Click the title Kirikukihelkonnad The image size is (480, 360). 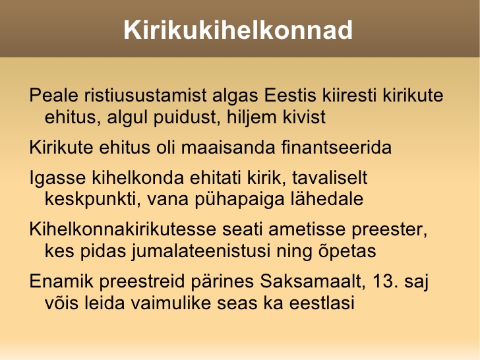pyautogui.click(x=238, y=30)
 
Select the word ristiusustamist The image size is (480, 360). pyautogui.click(x=145, y=95)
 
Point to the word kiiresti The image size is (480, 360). pyautogui.click(x=349, y=95)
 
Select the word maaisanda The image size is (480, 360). pyautogui.click(x=228, y=147)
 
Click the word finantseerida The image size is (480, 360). pyautogui.click(x=336, y=147)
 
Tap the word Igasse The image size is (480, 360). pyautogui.click(x=57, y=178)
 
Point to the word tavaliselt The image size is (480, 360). pyautogui.click(x=330, y=177)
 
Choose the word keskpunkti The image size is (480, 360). pyautogui.click(x=92, y=200)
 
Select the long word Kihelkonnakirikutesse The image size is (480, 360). pyautogui.click(x=123, y=229)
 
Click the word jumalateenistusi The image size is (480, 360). pyautogui.click(x=201, y=252)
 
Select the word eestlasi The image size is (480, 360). pyautogui.click(x=322, y=303)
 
